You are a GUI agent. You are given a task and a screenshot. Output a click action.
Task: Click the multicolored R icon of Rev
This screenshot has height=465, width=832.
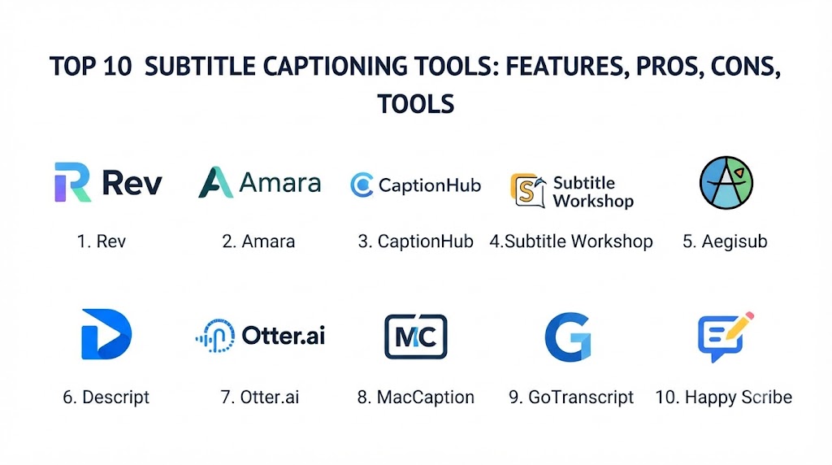pos(72,182)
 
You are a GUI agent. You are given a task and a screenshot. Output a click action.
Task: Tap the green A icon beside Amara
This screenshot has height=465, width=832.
pos(216,182)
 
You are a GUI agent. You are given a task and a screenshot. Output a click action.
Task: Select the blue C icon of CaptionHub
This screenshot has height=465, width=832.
pos(362,185)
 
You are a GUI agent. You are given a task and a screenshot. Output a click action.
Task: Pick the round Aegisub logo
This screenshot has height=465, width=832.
pos(726,183)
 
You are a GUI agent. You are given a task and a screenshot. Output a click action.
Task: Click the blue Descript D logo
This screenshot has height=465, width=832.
pos(106,334)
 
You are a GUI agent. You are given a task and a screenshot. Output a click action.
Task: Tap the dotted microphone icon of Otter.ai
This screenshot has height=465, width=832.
pos(215,336)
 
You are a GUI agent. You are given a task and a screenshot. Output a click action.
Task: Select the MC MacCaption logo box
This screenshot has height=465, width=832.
pos(415,337)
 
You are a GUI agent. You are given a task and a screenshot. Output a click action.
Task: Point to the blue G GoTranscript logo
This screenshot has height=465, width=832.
pos(568,337)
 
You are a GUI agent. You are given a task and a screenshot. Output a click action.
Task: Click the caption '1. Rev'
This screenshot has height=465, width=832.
pos(102,241)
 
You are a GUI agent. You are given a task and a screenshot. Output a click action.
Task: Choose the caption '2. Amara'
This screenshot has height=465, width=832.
pos(258,241)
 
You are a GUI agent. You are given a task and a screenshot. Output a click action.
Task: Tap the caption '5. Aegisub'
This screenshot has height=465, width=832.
pos(725,241)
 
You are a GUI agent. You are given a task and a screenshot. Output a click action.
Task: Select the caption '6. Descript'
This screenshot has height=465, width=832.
pos(106,397)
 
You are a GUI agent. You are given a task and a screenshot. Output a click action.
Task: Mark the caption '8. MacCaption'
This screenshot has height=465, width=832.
pos(415,397)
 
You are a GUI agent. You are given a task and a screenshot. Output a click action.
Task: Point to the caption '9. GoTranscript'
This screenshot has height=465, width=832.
pos(571,397)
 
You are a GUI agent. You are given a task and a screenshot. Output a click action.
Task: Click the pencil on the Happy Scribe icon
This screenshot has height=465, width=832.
pos(739,325)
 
